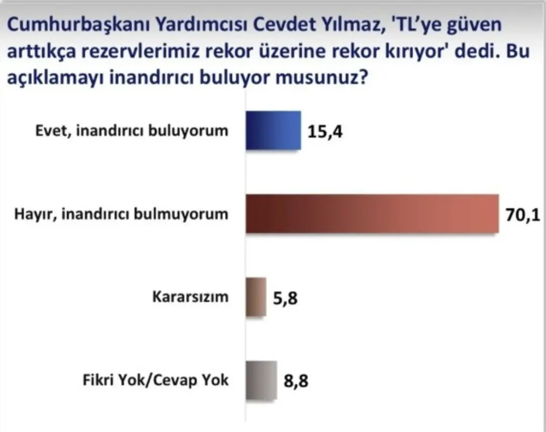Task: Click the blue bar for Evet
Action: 273,131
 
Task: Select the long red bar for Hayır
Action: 372,214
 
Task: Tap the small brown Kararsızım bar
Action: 256,297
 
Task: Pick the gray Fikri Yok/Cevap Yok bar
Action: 261,380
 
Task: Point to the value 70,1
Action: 523,215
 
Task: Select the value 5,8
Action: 286,298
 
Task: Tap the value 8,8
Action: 296,381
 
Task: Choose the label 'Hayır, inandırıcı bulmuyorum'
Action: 120,214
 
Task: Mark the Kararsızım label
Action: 190,297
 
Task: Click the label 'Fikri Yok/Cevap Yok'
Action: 156,380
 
